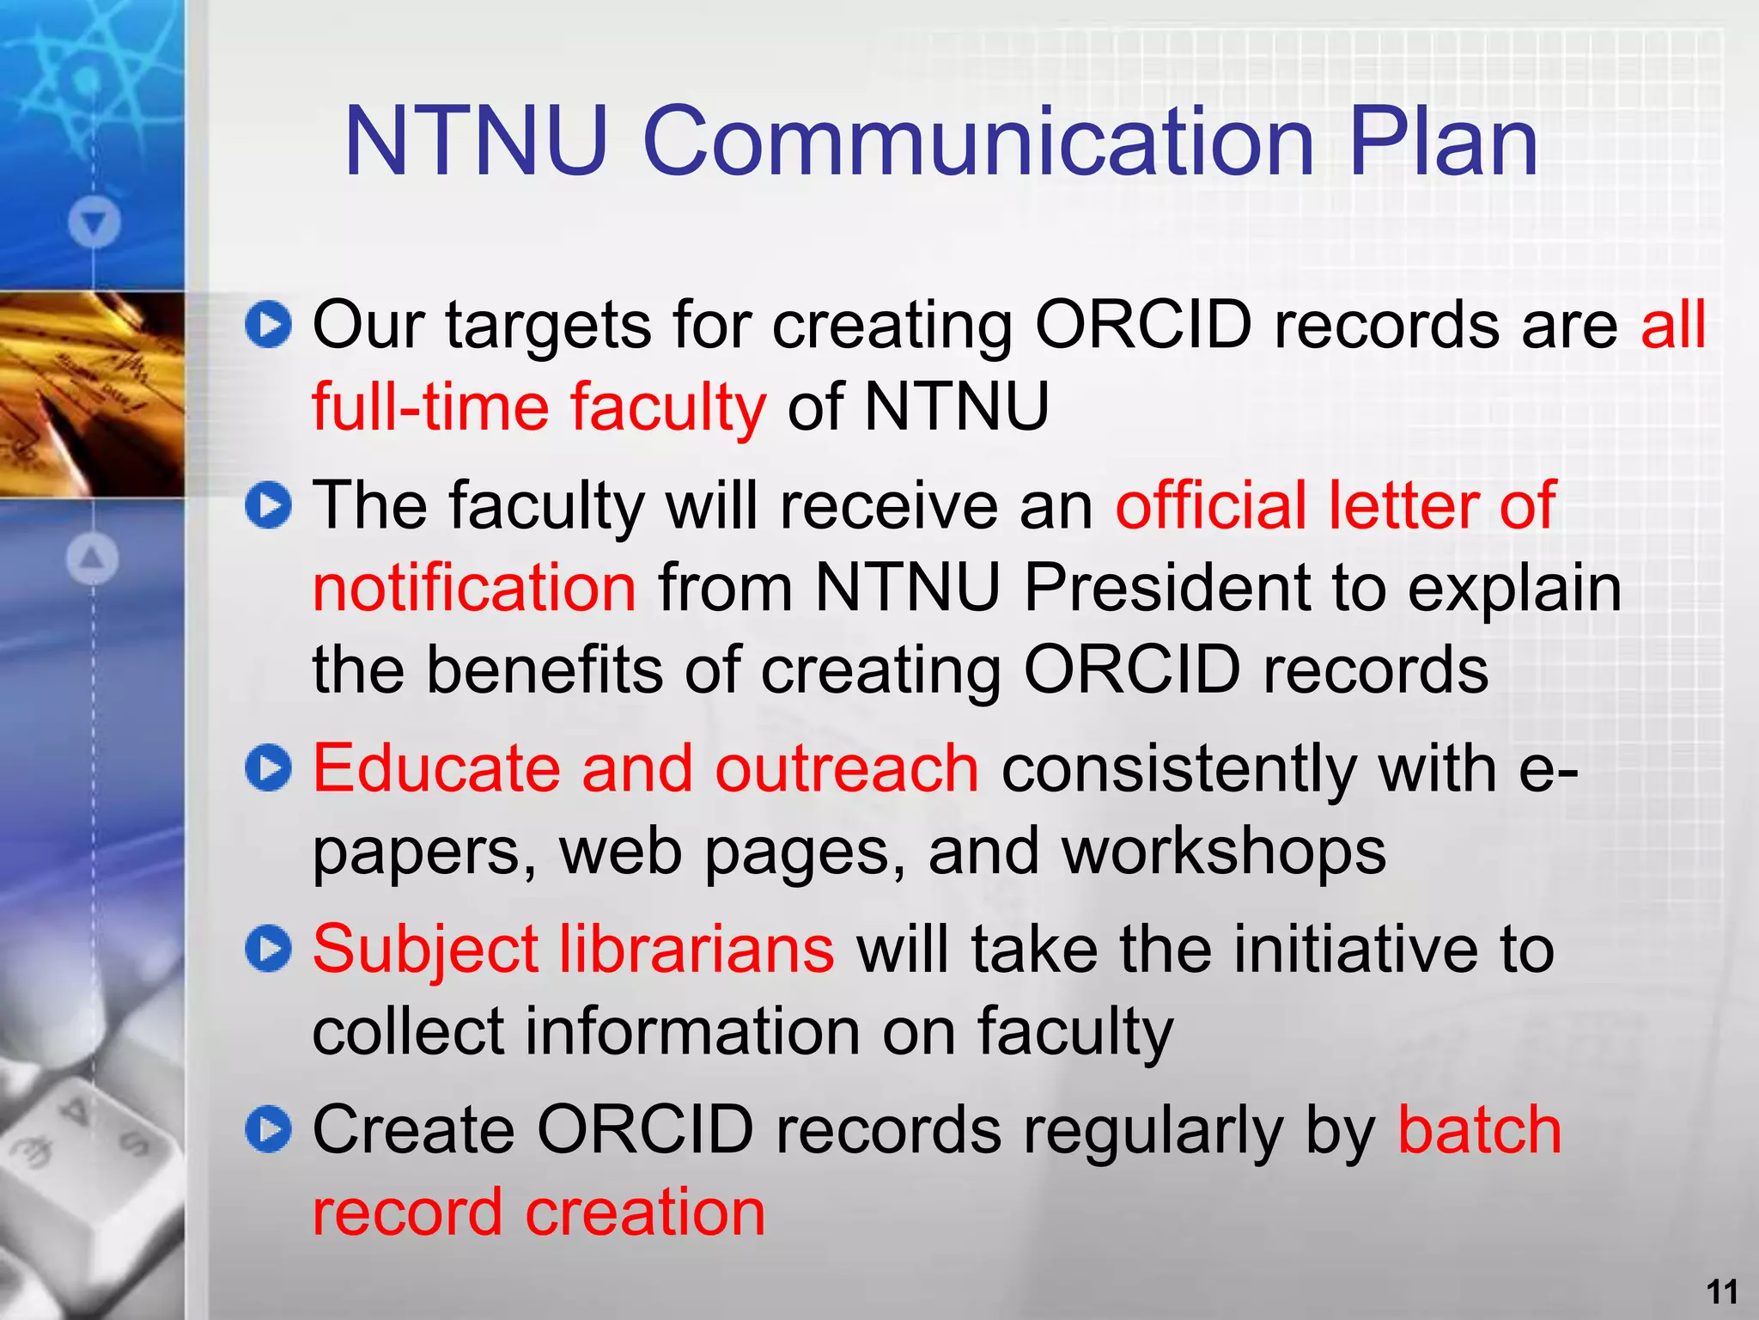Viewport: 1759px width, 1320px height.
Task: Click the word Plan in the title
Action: click(x=1443, y=143)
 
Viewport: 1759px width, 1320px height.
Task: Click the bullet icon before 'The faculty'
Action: click(x=268, y=505)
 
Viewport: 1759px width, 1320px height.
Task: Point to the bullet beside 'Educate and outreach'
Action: click(x=268, y=768)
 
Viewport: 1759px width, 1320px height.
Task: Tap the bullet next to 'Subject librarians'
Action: click(x=268, y=950)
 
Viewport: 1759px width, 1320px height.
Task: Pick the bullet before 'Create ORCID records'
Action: click(x=268, y=1129)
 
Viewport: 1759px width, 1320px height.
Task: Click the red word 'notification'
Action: click(x=474, y=588)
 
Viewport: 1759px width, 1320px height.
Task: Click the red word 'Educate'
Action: click(x=435, y=768)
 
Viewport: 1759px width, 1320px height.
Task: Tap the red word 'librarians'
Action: click(x=697, y=950)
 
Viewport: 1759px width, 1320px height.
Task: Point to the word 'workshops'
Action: click(x=1223, y=852)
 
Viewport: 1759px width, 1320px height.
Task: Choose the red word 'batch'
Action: click(x=1479, y=1129)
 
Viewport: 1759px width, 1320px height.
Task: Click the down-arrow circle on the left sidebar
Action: click(x=94, y=223)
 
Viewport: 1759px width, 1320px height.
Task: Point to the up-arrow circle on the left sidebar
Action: click(x=93, y=559)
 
